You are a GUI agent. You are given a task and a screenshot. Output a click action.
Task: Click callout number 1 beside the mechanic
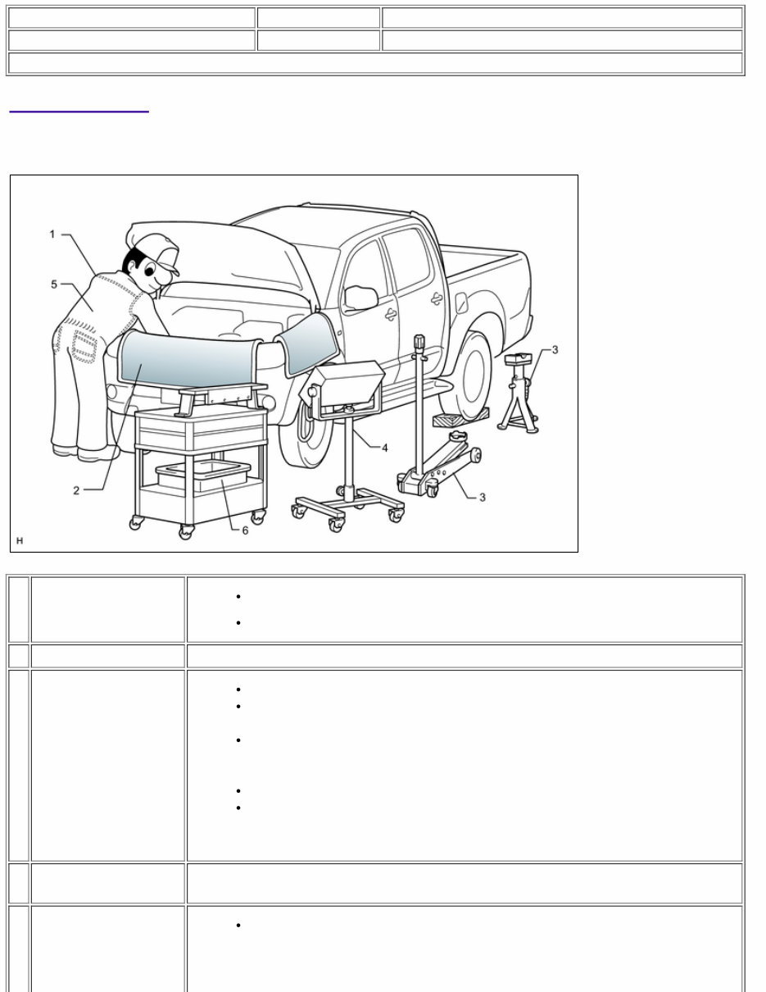[52, 234]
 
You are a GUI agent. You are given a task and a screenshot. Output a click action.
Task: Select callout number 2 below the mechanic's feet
[76, 490]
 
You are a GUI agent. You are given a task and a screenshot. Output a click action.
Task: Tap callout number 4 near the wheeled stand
[383, 448]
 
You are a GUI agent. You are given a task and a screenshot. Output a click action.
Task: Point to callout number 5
[54, 284]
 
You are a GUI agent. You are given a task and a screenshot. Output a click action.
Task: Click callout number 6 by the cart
[244, 530]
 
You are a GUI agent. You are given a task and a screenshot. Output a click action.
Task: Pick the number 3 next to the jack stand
[555, 351]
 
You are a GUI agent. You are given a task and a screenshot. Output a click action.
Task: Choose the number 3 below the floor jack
[482, 498]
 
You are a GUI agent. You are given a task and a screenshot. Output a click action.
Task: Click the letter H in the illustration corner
[20, 541]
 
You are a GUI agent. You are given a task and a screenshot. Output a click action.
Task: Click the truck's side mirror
[360, 297]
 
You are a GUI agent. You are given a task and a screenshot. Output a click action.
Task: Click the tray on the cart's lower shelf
[203, 476]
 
